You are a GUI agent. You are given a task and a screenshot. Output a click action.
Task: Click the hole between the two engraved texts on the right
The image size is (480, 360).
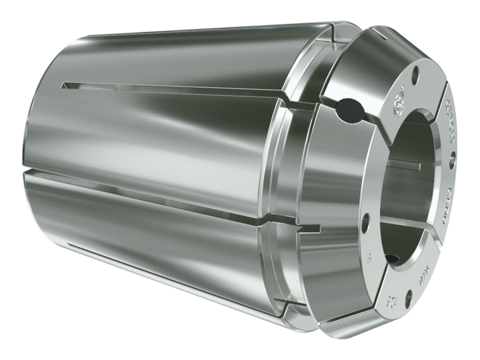pyautogui.click(x=452, y=160)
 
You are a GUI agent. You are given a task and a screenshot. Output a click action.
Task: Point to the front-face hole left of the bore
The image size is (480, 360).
pyautogui.click(x=366, y=223)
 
